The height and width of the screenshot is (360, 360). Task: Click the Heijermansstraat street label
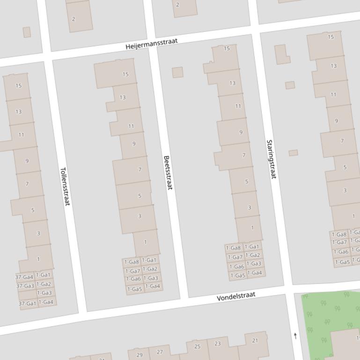coord(152,44)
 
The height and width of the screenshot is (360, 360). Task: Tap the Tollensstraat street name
coord(65,187)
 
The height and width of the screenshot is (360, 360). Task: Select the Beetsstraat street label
coord(168,173)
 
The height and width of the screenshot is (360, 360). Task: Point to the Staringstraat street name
coord(271,159)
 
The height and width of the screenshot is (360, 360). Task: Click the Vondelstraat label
coord(236,296)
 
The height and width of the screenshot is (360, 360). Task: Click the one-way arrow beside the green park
coord(295,336)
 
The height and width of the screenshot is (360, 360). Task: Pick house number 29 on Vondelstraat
coord(139,355)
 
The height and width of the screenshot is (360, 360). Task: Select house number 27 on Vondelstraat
coord(160,352)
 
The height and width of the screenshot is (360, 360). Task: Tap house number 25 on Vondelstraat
coord(197,346)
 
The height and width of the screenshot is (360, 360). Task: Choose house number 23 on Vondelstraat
coord(217,344)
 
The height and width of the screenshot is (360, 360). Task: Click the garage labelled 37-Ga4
coord(25,277)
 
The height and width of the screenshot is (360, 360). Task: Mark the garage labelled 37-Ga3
coord(25,286)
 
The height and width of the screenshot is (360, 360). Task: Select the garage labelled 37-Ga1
coord(28,303)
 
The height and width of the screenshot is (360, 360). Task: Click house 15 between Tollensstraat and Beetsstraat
coord(125,74)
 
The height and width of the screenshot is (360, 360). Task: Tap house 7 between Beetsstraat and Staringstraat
coord(243,155)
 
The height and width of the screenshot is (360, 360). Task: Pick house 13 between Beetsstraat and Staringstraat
coord(232,83)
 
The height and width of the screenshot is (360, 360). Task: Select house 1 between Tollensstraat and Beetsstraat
coord(145,242)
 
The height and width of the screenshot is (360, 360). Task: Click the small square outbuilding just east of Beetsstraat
coord(177,72)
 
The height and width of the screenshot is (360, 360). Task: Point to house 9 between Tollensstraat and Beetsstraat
coord(134,144)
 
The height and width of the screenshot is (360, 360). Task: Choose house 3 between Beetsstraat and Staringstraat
coord(250,208)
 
